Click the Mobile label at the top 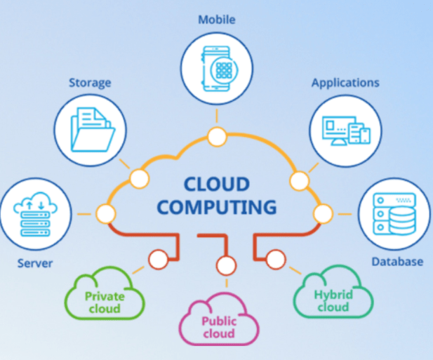[216, 19]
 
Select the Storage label [89, 83]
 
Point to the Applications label [345, 83]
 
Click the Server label [35, 263]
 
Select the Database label [397, 262]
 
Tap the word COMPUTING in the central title [216, 208]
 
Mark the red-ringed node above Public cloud [226, 266]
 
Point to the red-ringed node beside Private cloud [158, 260]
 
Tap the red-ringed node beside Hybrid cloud [277, 260]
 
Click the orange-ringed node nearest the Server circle [106, 213]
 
